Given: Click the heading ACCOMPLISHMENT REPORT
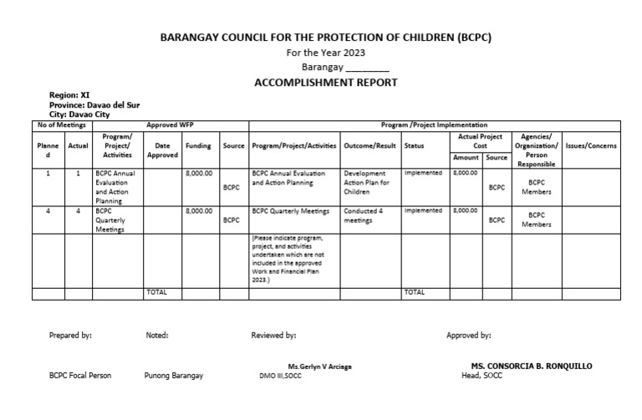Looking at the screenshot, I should pyautogui.click(x=325, y=82).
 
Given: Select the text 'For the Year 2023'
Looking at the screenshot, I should pyautogui.click(x=325, y=53).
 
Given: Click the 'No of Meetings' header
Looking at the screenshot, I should pyautogui.click(x=60, y=124).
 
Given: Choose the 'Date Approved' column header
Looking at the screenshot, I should pyautogui.click(x=162, y=149).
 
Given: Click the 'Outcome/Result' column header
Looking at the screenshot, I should pyautogui.click(x=369, y=145).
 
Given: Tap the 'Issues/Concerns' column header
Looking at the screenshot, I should pyautogui.click(x=591, y=145).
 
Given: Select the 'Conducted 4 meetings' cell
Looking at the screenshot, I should pyautogui.click(x=364, y=216).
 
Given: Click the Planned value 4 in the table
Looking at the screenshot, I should pyautogui.click(x=48, y=211).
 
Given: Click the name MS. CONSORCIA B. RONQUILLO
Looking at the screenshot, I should pyautogui.click(x=532, y=367).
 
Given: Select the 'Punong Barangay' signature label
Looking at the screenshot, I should pyautogui.click(x=173, y=376).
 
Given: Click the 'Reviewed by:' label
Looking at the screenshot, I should pyautogui.click(x=273, y=336).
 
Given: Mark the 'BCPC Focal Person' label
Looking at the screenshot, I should pyautogui.click(x=80, y=376).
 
